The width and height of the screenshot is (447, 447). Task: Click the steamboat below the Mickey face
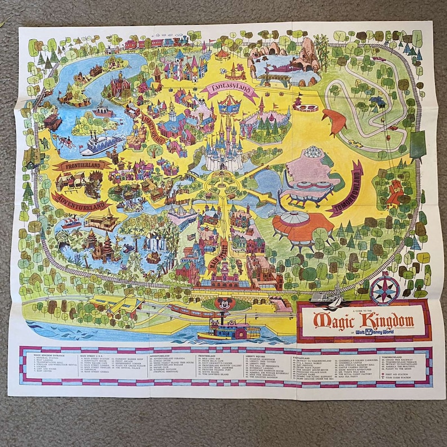[227, 329]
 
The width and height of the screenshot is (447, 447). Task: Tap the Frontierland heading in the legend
[208, 357]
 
